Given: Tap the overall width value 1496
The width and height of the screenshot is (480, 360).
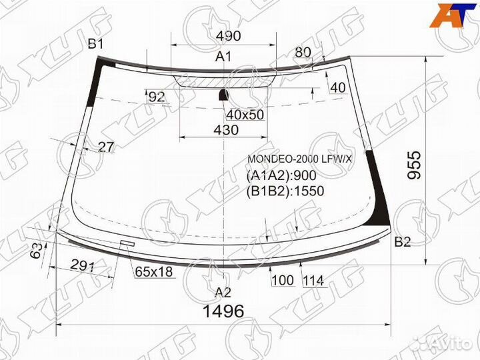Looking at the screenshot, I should point(223,311).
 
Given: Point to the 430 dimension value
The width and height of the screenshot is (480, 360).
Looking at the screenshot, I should point(226,131).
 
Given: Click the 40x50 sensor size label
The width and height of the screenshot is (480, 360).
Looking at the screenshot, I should point(245,115).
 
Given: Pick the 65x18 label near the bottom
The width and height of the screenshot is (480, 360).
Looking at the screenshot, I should point(154,271).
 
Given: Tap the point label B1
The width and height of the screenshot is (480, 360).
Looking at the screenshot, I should point(96,45).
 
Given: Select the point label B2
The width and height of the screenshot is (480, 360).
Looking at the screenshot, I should point(402,241).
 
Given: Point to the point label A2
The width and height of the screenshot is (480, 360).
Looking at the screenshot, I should point(223,291).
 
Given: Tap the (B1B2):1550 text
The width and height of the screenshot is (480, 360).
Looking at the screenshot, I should point(285,191).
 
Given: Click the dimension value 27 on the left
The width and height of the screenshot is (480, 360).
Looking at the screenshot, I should point(105,147).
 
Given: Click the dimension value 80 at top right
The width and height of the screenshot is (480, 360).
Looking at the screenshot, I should point(303,52).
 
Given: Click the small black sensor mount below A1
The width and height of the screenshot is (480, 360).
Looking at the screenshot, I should point(223,95).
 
